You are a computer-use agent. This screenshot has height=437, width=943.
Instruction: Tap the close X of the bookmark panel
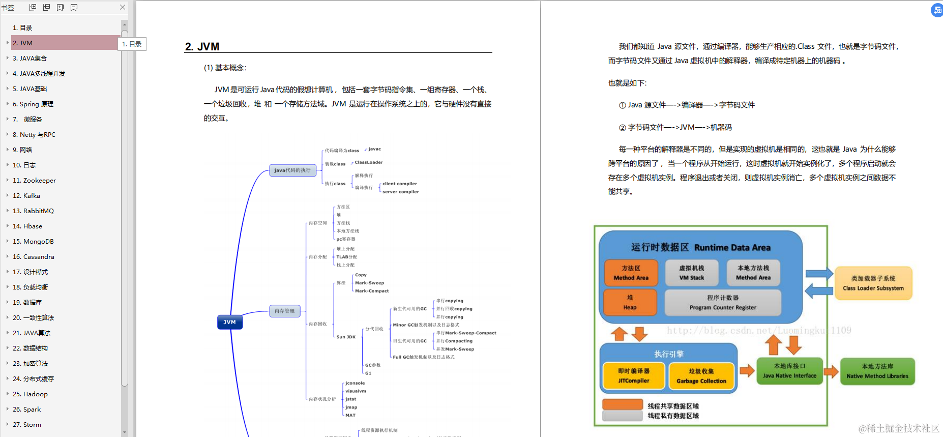point(123,7)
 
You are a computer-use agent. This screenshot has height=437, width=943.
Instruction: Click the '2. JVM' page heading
point(202,47)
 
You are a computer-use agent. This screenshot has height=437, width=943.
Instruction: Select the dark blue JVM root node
point(230,322)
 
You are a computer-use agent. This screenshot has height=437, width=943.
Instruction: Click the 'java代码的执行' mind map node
point(292,170)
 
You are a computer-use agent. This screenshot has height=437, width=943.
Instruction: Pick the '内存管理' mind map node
point(285,311)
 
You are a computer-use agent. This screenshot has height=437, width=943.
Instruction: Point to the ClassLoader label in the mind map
point(369,162)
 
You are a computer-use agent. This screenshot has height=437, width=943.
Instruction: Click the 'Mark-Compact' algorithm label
point(372,291)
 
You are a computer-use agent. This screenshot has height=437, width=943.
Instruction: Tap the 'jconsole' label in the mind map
point(355,383)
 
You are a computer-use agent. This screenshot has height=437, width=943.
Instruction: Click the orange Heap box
point(630,302)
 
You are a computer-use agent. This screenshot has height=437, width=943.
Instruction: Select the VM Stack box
point(692,273)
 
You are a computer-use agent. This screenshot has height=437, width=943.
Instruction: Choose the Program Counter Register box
point(723,302)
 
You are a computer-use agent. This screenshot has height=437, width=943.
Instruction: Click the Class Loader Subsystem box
point(873,283)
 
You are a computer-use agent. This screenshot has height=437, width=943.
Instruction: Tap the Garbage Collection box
point(701,376)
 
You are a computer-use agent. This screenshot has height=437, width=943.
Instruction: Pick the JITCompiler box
point(634,375)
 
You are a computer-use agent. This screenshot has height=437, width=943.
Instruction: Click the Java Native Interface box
point(789,371)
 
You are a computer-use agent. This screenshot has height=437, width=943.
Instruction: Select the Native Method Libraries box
point(877,371)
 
